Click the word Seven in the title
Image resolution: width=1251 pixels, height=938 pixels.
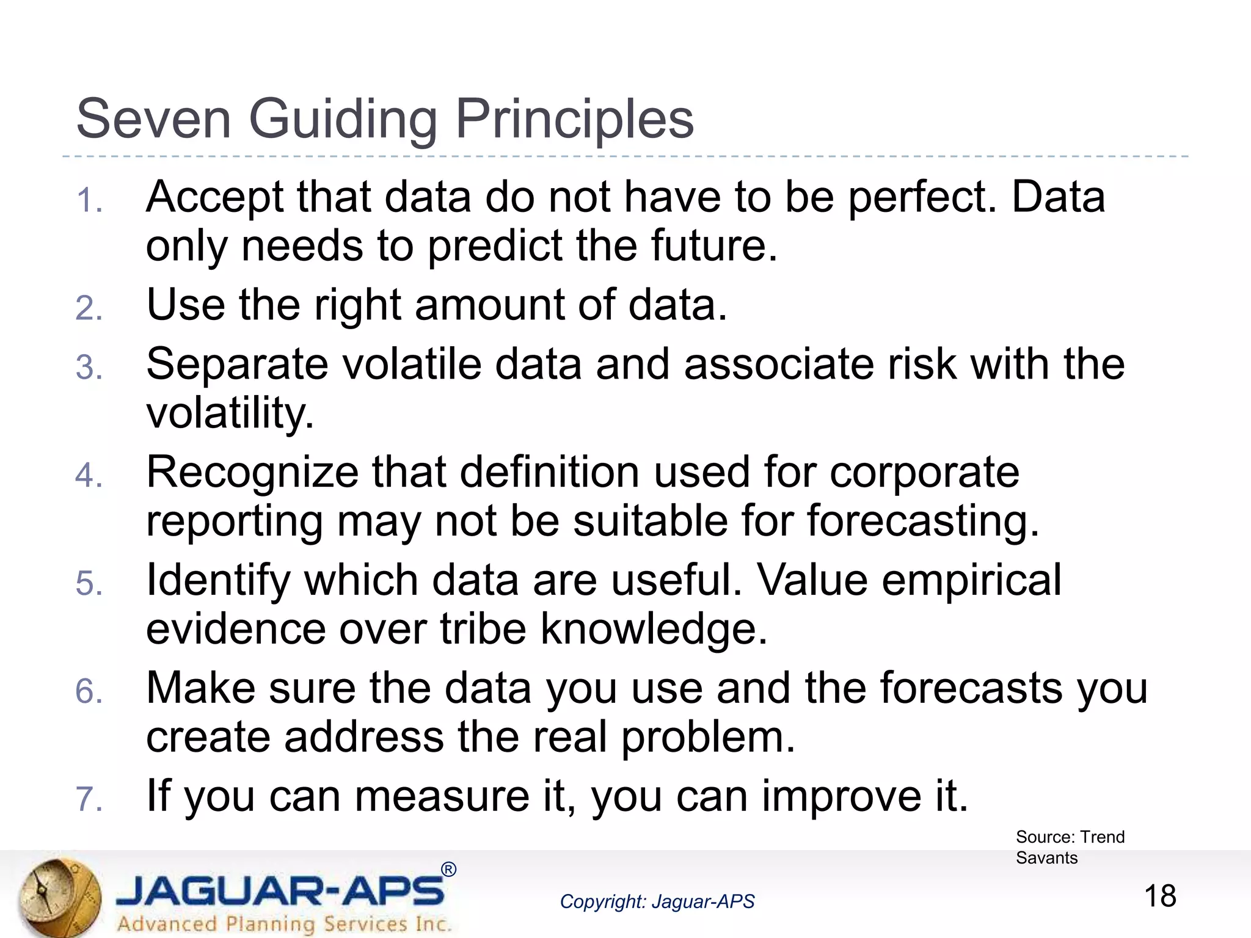tap(153, 119)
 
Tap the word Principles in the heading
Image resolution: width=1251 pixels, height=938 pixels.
tap(574, 119)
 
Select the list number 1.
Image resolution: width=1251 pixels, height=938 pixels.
tap(88, 201)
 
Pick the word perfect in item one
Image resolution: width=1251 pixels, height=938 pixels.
tap(922, 198)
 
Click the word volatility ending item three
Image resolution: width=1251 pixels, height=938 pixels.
tap(230, 414)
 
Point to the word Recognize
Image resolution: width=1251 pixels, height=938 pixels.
tap(252, 473)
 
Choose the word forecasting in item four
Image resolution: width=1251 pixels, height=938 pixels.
tap(922, 522)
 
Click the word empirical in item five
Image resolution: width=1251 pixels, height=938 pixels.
tap(971, 580)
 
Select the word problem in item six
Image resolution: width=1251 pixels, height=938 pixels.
tap(709, 737)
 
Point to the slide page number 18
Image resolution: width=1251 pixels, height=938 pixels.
tap(1159, 896)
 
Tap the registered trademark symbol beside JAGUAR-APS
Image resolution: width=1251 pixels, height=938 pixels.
tap(448, 870)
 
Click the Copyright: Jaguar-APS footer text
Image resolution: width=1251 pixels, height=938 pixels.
tap(657, 902)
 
